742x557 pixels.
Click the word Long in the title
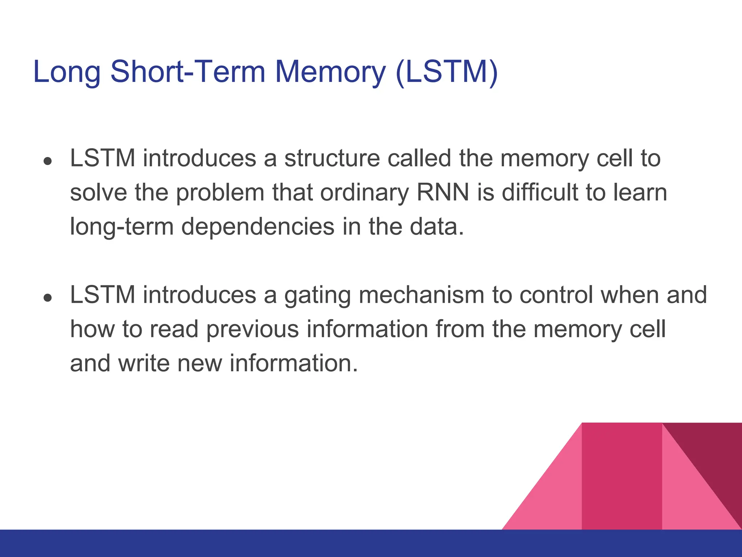click(67, 72)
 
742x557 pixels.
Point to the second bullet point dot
click(47, 297)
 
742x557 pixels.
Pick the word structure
click(332, 158)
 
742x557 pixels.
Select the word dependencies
click(258, 227)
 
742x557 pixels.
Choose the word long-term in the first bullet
click(122, 227)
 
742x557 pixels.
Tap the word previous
click(253, 329)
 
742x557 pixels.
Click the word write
click(144, 363)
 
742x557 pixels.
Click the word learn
click(640, 192)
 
